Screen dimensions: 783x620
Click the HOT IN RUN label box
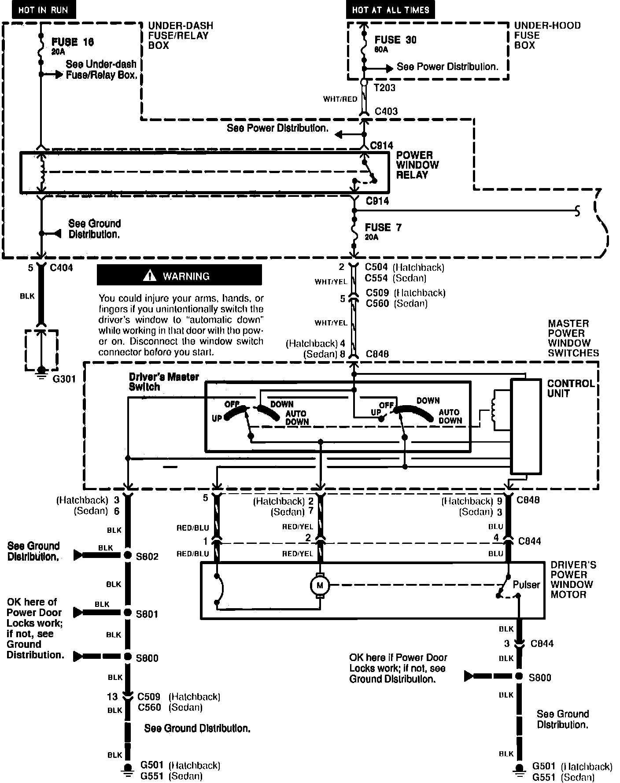(43, 10)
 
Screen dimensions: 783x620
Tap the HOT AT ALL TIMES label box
(390, 10)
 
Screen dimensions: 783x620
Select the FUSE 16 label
(73, 42)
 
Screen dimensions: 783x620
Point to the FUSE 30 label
(395, 40)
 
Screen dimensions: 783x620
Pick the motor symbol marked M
(320, 585)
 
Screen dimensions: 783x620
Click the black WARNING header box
(179, 276)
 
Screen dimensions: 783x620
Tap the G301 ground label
(64, 378)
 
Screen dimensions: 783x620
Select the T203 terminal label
(384, 88)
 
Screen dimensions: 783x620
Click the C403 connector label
(386, 111)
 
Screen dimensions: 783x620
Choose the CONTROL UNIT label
(571, 388)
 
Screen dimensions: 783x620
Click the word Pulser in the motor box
(526, 584)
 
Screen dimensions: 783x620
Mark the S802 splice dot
(128, 555)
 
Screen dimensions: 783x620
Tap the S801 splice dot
(128, 613)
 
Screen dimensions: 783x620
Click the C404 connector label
(62, 268)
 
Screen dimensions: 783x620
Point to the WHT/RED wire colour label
(340, 99)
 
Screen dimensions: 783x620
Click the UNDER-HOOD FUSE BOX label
(547, 35)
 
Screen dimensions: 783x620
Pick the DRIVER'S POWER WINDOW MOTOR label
(573, 580)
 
